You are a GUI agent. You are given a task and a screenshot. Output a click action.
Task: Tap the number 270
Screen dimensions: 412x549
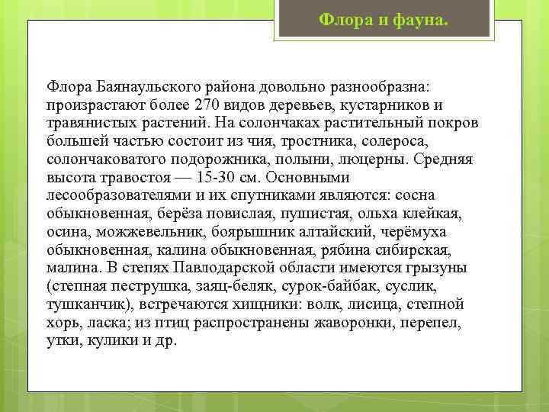pos(209,104)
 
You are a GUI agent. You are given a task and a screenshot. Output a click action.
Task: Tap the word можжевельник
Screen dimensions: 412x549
pos(136,232)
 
